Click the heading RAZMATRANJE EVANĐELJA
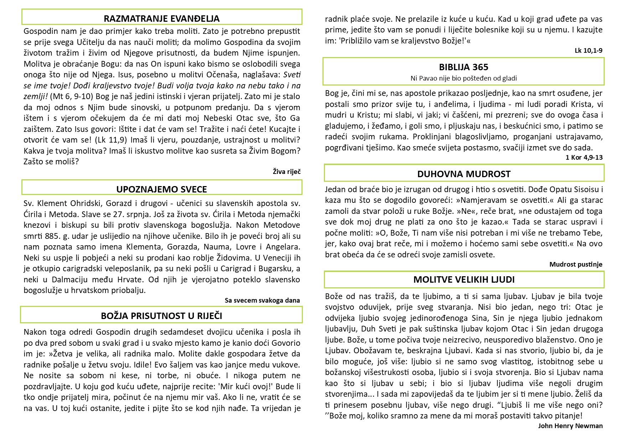pos(161,19)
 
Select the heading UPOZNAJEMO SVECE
pos(161,189)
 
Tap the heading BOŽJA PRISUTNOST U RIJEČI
pos(161,316)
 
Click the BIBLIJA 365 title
pos(464,67)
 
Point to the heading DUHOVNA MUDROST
pos(464,174)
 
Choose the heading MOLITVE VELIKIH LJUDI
pos(464,279)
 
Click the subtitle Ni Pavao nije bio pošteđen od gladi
pos(464,78)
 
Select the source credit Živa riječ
pos(286,172)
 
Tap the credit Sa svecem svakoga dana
pos(262,300)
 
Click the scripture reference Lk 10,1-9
pos(588,50)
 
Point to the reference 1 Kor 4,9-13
pos(584,157)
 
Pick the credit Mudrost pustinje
pos(576,264)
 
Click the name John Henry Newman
pos(570,426)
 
